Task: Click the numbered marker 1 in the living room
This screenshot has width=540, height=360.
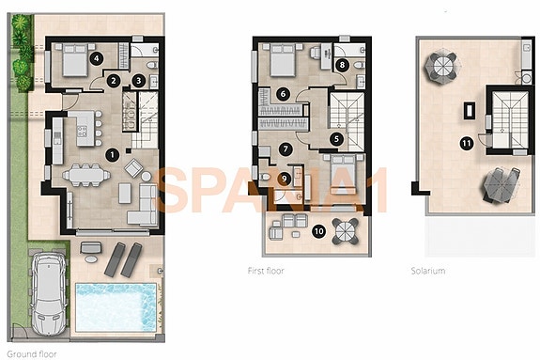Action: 112,154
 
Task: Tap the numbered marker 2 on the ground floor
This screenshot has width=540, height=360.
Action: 113,81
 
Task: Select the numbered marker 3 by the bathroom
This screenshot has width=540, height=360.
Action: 138,82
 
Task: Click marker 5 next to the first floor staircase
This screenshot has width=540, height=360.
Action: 336,137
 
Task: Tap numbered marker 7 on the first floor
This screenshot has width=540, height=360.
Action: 286,148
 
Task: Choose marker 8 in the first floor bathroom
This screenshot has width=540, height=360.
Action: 342,65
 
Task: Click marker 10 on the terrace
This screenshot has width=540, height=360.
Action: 318,229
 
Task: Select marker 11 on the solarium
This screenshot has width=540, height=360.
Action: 466,143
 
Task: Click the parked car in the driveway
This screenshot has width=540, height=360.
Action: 48,294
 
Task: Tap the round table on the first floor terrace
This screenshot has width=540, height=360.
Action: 345,230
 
